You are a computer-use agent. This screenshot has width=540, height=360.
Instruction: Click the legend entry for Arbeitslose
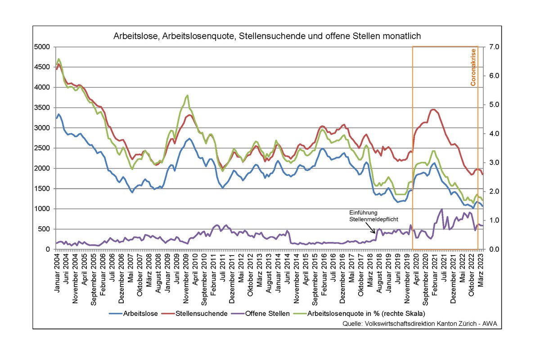134,314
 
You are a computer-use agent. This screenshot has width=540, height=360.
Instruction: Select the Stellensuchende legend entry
200,314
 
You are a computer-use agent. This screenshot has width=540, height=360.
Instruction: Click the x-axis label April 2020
416,269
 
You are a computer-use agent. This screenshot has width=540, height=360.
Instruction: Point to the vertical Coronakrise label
473,67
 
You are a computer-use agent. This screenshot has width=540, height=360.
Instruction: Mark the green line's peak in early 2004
59,59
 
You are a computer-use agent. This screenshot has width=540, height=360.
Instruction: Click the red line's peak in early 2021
433,109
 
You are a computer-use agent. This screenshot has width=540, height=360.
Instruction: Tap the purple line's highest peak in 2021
442,209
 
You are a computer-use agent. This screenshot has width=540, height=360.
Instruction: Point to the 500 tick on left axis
47,229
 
